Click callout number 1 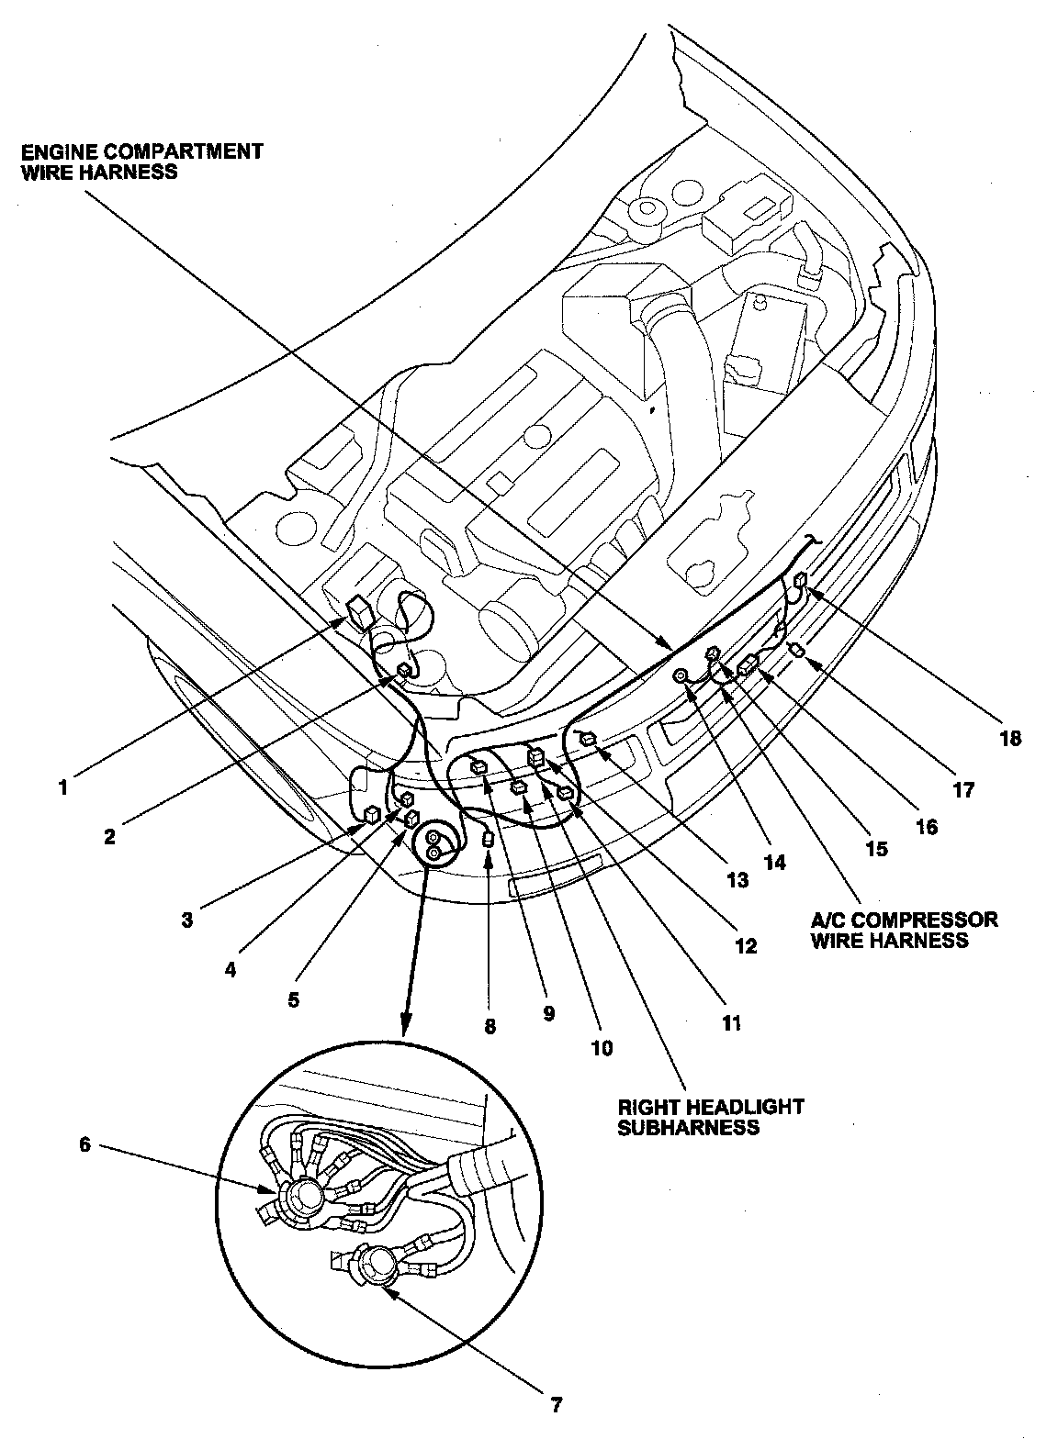63,786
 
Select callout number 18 1010,738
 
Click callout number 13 737,880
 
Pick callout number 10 602,1047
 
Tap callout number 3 187,919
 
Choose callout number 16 926,826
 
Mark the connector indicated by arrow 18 801,579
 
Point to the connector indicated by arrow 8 489,839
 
